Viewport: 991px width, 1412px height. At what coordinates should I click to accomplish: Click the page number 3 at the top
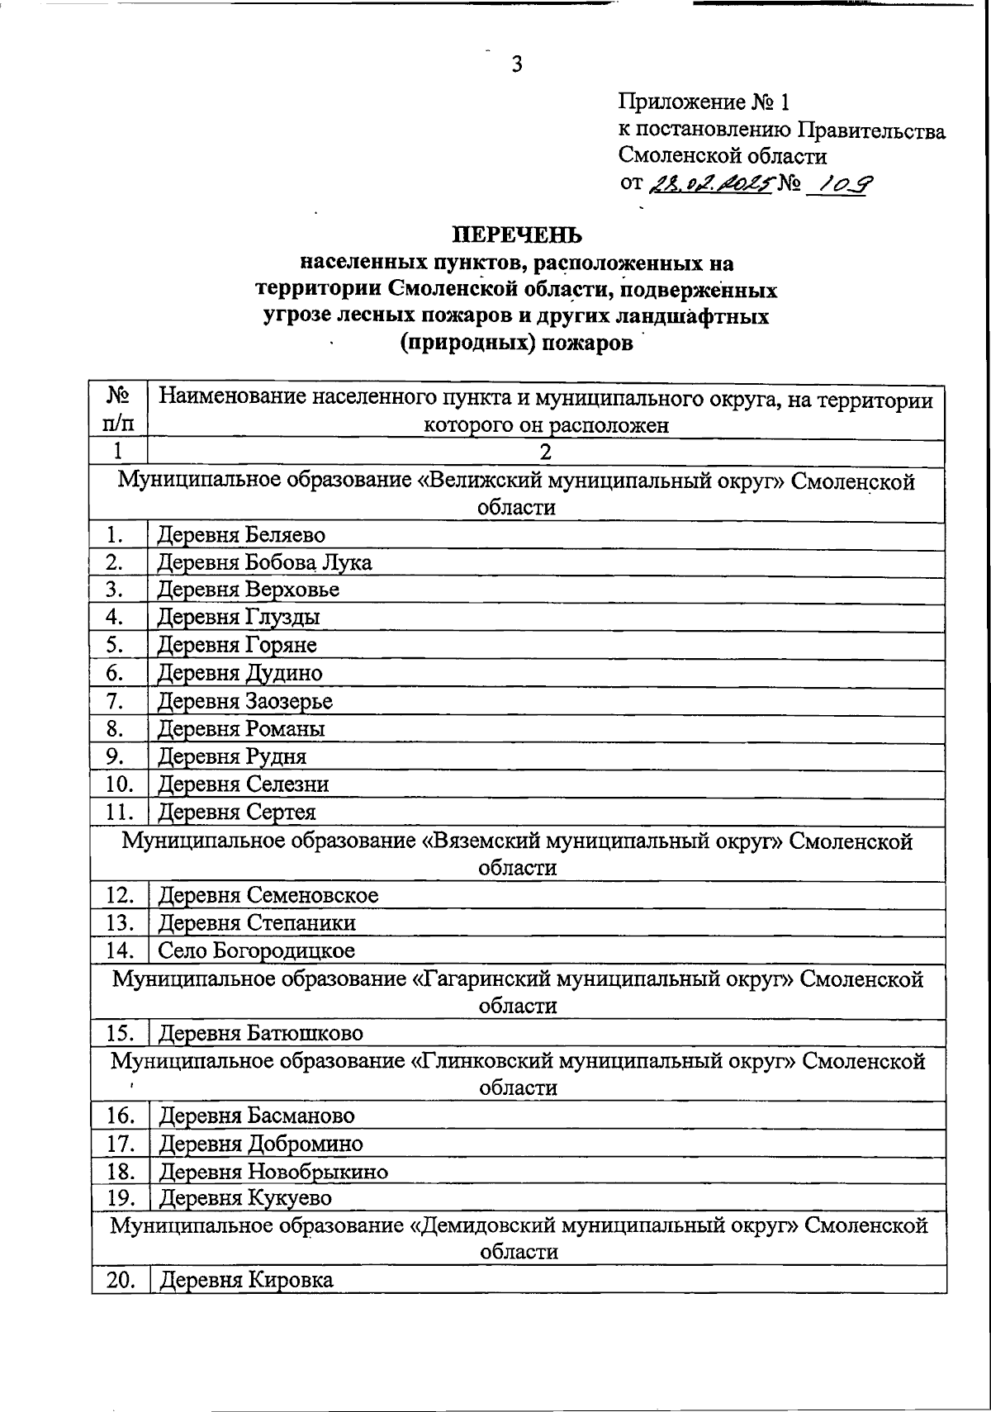pos(516,64)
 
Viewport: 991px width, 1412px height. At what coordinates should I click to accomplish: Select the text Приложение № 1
pos(704,102)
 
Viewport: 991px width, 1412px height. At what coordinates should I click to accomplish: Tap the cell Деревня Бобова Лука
pos(264,563)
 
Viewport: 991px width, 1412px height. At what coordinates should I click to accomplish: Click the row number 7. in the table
pos(116,702)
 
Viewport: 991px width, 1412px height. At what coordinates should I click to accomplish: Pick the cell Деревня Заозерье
pos(245,702)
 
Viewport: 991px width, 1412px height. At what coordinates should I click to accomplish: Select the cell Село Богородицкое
pos(256,951)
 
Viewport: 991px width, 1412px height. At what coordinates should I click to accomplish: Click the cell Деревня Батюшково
pos(260,1034)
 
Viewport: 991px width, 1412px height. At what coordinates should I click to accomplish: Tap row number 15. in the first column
pos(120,1034)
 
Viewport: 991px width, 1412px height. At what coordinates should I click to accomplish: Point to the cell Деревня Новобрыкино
pos(273,1172)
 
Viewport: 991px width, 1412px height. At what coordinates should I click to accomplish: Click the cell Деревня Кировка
pos(246,1281)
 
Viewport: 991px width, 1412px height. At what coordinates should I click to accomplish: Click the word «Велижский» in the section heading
pos(475,481)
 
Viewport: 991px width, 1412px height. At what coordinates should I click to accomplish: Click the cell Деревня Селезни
pos(244,784)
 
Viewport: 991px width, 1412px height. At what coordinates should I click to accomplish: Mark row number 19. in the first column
pos(120,1198)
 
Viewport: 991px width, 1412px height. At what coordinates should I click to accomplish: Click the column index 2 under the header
pos(545,452)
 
